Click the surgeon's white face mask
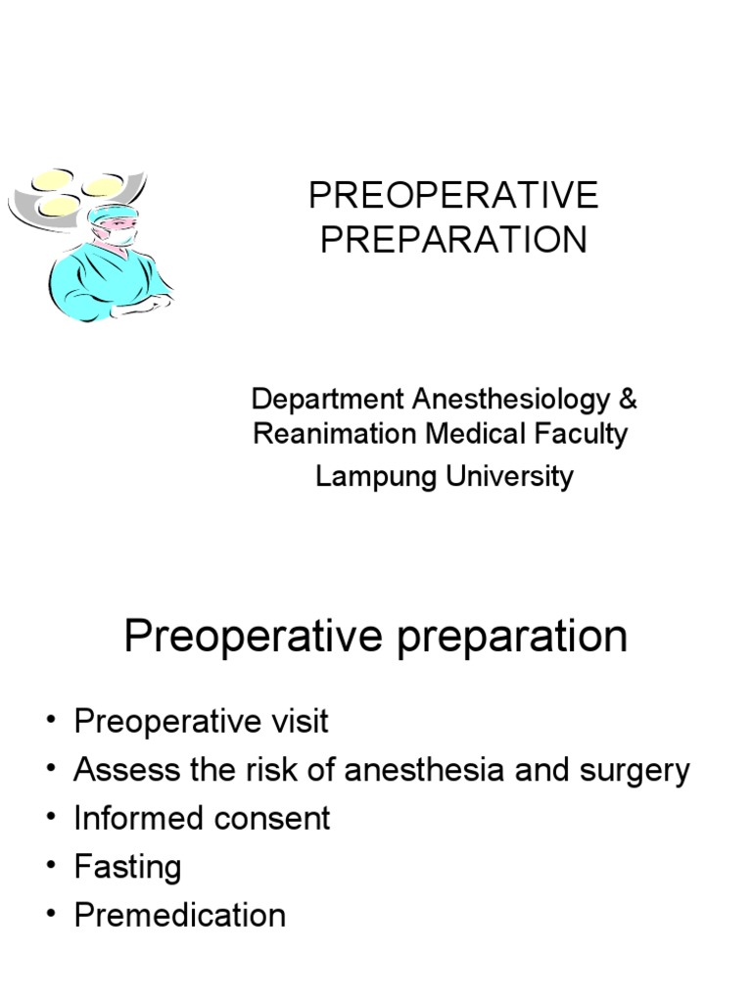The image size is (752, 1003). point(122,236)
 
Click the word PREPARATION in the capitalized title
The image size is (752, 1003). point(454,241)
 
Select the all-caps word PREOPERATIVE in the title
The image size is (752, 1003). point(453,196)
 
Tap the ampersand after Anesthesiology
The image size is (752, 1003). point(629,400)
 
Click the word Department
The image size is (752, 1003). point(326,400)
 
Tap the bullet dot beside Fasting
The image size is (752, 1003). point(50,868)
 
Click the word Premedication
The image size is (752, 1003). point(180,915)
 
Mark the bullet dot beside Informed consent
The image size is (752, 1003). point(50,819)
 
